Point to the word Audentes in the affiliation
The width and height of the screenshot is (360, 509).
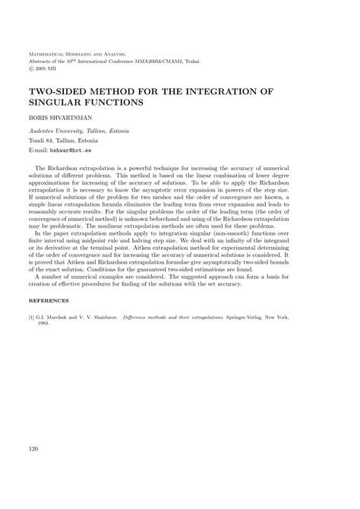tap(44, 131)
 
